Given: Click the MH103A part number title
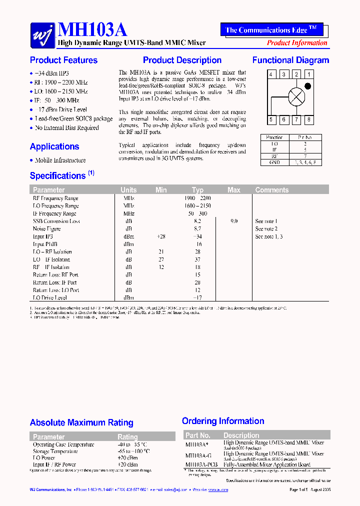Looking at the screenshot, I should click(92, 30).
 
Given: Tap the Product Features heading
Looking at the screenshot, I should click(63, 60).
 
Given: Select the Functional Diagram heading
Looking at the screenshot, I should click(290, 60).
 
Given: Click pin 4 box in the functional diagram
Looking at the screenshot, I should click(270, 74).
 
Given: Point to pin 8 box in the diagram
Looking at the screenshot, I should click(309, 119).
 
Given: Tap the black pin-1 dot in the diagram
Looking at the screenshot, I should click(308, 86).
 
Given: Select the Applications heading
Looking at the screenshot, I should click(54, 146).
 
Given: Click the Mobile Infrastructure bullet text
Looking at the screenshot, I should click(60, 160).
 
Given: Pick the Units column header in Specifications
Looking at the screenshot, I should click(128, 190).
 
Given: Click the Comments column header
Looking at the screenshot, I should click(271, 190).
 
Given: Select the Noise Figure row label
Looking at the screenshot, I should click(46, 229).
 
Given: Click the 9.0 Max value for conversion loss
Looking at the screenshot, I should click(234, 221).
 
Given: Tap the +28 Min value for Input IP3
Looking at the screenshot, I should click(161, 236).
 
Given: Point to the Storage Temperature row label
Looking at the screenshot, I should click(55, 451).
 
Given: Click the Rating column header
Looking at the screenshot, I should click(127, 437).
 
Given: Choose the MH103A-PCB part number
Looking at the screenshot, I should click(201, 464).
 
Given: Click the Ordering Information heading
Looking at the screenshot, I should click(223, 421).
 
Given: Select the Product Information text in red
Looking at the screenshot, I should click(297, 43).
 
